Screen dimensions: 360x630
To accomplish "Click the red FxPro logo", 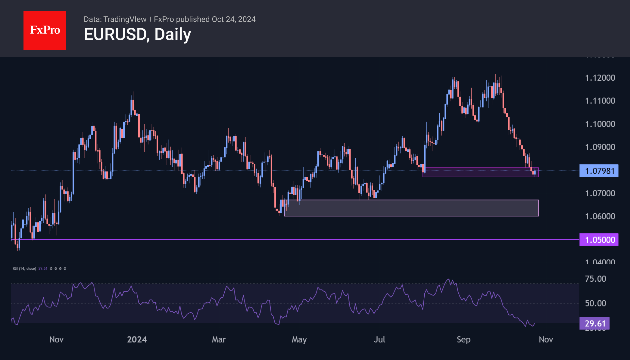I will tap(45, 30).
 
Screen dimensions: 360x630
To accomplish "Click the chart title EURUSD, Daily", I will tap(137, 34).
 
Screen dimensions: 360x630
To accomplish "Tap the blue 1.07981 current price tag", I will tap(599, 171).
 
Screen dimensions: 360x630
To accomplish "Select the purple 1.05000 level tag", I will tap(599, 240).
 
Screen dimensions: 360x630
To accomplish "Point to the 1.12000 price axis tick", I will tap(600, 78).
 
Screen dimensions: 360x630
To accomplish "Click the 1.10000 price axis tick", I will tap(600, 124).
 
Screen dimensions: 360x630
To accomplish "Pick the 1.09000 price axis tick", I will tap(600, 147).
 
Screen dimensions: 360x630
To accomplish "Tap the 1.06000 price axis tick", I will tap(600, 216).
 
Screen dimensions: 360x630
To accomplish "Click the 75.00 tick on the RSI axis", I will tap(595, 279).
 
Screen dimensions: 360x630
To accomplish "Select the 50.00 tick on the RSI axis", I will tap(595, 303).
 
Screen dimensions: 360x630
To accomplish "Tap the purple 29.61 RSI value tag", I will tap(594, 324).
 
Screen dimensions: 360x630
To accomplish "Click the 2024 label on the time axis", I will tap(137, 340).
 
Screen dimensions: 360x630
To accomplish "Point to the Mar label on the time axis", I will tap(219, 340).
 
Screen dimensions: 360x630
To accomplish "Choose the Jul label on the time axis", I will tap(379, 340).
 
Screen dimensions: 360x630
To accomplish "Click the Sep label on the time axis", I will tap(463, 340).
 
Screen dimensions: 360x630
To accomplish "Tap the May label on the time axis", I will tap(299, 340).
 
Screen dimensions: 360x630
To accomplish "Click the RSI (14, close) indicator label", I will tap(24, 268).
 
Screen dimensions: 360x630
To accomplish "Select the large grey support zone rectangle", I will tap(411, 208).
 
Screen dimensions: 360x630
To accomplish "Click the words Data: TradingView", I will tap(115, 19).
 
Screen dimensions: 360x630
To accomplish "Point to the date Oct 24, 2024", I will tap(234, 19).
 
